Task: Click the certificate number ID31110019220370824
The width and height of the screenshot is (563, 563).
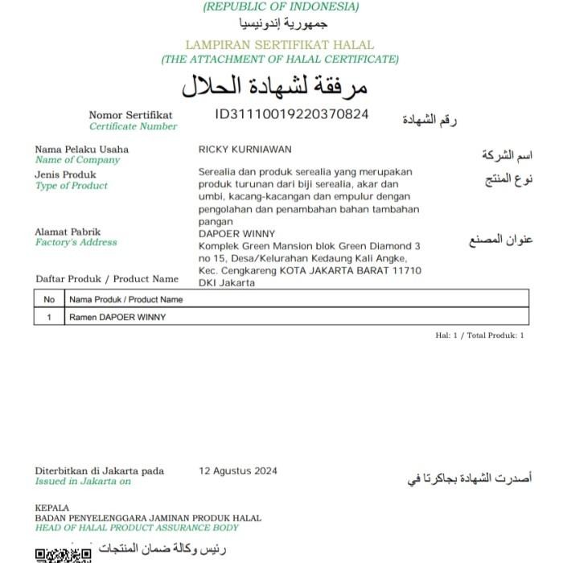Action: pos(292,114)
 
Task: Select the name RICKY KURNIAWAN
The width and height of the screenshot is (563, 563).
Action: pos(245,150)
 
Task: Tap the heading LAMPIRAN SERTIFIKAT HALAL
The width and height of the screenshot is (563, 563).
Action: pos(280,45)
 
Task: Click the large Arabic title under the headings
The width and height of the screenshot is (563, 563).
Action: pos(274,84)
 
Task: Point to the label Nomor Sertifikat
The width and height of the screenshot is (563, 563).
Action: pos(130,115)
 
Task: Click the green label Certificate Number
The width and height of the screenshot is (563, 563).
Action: pos(133,126)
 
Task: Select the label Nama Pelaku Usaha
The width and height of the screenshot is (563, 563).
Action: pos(81,150)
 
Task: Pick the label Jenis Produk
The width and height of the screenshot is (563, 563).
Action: pos(65,175)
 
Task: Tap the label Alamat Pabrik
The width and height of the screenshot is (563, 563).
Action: pos(68,232)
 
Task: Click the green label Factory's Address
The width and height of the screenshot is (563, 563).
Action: pos(76,242)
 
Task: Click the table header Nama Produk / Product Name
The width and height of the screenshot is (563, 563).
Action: pos(126,299)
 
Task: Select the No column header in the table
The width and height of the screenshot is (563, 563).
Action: pos(49,299)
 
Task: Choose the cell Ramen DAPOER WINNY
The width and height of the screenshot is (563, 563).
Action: pos(117,317)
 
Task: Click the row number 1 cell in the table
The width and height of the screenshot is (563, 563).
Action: pos(49,317)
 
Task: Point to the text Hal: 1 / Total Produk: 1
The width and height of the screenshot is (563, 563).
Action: pos(479,335)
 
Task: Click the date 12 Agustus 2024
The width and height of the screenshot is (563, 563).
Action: pos(238,471)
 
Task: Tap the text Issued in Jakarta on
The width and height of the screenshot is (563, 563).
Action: pos(82,482)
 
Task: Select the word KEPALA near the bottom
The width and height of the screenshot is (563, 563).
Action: pos(52,508)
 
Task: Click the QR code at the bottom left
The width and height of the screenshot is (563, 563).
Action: pos(63,556)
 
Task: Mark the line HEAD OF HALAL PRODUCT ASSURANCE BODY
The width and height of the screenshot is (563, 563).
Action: pos(137,528)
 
